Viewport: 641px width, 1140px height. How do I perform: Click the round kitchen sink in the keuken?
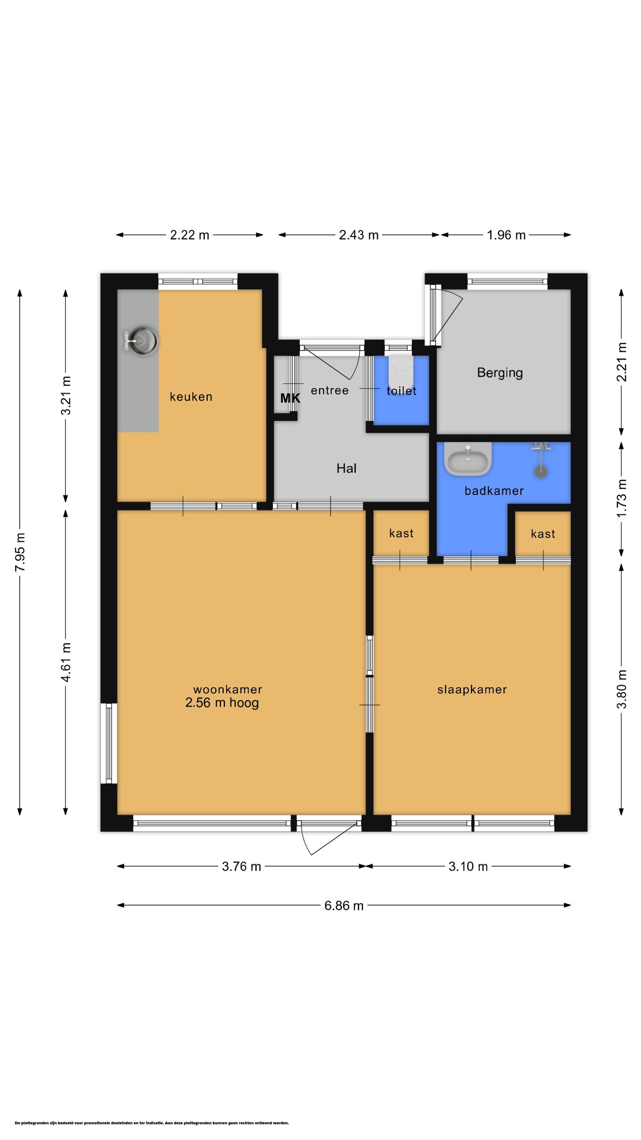(141, 342)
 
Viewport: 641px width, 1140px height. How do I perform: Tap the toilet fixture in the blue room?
(401, 372)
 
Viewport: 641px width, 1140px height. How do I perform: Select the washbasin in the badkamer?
(468, 459)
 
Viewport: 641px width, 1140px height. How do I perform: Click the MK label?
(290, 398)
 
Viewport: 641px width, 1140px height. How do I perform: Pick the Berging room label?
(500, 373)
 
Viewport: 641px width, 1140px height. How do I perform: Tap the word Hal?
(346, 468)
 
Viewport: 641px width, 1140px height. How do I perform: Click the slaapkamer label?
(472, 690)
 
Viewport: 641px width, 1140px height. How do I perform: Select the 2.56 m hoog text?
(222, 703)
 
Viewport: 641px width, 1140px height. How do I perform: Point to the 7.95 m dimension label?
(20, 552)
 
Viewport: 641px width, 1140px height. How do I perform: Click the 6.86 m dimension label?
(344, 906)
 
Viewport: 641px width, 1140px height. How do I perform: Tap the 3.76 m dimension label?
(241, 866)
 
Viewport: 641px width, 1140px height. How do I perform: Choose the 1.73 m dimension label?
(622, 498)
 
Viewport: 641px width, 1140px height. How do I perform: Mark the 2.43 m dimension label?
(358, 235)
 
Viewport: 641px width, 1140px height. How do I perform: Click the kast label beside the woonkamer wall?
(401, 533)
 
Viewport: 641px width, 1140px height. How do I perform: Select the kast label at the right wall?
(543, 534)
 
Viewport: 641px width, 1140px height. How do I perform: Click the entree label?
(329, 391)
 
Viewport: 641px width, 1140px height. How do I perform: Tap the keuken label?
(191, 397)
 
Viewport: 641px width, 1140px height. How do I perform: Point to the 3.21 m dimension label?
(66, 395)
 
